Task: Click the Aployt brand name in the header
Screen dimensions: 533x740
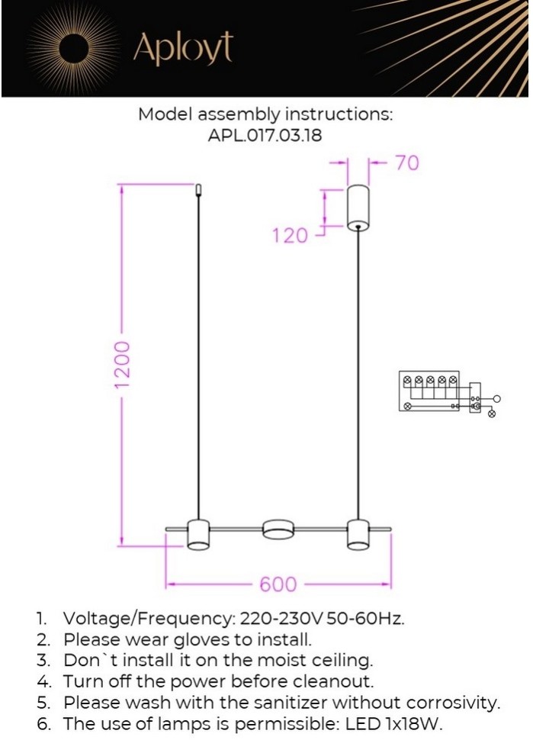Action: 184,48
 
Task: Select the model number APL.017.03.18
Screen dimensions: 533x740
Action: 265,136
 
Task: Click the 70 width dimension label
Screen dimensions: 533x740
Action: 406,162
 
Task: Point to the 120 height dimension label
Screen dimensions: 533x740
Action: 290,235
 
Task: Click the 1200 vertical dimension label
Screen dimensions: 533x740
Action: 121,365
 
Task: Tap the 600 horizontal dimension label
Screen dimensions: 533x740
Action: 278,584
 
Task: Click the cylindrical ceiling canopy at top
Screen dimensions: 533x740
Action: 358,208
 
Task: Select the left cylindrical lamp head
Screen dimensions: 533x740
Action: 198,535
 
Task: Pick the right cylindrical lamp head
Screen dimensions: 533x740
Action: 358,535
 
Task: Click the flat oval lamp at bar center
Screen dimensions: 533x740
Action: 278,529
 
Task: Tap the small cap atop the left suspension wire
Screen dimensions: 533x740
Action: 198,190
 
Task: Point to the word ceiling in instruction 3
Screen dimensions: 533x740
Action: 341,661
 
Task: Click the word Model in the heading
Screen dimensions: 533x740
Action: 165,114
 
